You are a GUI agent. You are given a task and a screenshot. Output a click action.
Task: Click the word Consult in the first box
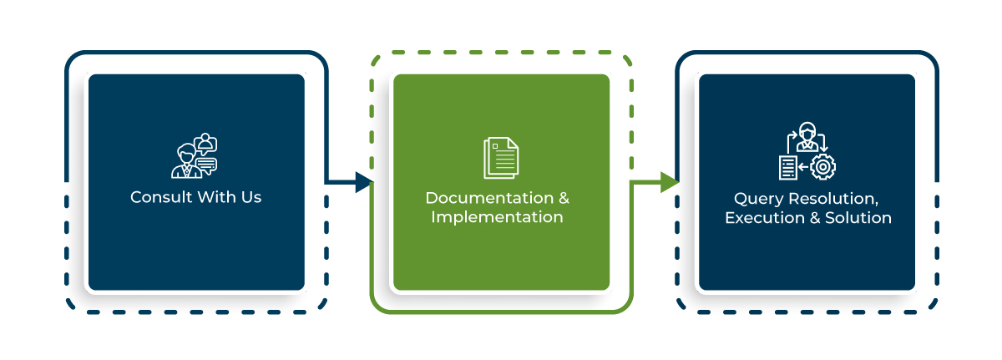[x=158, y=198]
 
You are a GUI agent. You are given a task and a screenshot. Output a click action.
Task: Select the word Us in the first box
[x=250, y=198]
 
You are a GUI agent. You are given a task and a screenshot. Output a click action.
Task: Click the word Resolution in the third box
[x=835, y=200]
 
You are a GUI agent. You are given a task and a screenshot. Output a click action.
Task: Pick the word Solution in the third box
[x=858, y=218]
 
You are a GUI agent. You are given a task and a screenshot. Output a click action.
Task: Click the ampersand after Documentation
[x=564, y=199]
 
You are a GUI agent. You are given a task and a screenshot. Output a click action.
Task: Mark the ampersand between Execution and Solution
[x=814, y=218]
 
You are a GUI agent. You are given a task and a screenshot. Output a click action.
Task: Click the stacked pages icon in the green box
[x=500, y=158]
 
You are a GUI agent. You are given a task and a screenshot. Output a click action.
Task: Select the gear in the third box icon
[x=823, y=167]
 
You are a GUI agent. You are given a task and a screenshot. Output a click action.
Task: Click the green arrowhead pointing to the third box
[x=669, y=181]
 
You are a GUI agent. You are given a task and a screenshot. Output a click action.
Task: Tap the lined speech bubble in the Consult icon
[x=205, y=164]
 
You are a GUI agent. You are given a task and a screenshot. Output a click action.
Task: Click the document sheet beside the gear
[x=787, y=167]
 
